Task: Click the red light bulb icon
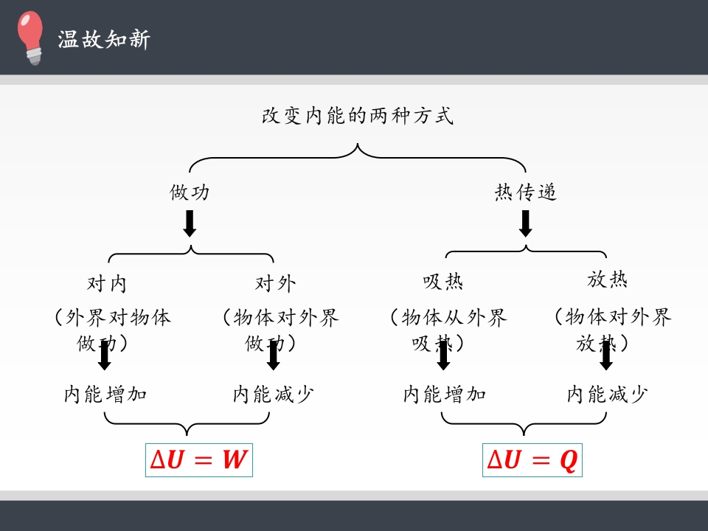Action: pos(31,37)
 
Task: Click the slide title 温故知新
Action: pos(104,39)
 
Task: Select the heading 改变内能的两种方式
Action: pos(358,117)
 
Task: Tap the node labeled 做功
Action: pos(190,192)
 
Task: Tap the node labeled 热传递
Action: pos(525,192)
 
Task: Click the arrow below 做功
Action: pos(190,223)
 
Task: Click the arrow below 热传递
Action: pos(525,223)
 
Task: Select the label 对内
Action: pos(107,283)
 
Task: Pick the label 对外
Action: pos(275,283)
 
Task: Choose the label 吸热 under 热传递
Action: pos(442,282)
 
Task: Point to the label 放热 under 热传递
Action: pos(607,280)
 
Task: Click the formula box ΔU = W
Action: pos(199,460)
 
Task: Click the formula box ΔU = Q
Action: pos(532,460)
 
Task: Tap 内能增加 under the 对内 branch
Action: pos(105,395)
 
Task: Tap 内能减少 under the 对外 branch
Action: pos(273,395)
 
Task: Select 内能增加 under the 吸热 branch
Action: pos(444,395)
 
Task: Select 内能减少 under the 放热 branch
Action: pos(607,395)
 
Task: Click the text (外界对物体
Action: pos(111,318)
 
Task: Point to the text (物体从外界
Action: pos(448,318)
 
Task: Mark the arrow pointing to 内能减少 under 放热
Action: pos(606,355)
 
